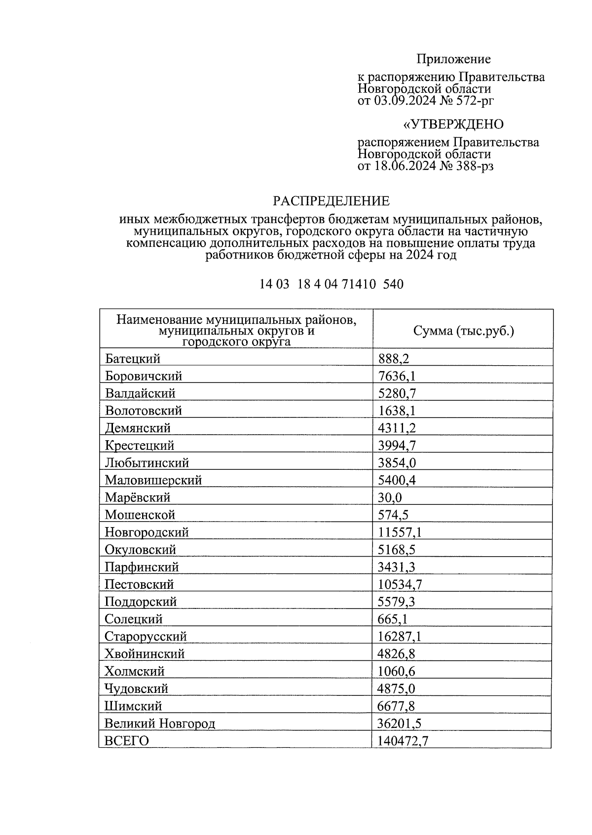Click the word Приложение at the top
click(453, 59)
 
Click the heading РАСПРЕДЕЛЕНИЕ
click(331, 201)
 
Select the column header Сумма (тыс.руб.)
click(463, 331)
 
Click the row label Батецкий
click(132, 359)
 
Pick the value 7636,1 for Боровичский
click(397, 377)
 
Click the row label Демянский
click(138, 428)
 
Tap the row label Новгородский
click(147, 532)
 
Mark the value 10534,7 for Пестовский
click(400, 584)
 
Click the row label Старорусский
click(146, 636)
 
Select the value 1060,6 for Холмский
click(397, 671)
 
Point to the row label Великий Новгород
click(160, 723)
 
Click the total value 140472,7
click(403, 741)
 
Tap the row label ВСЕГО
click(127, 741)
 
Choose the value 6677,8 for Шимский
click(396, 706)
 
